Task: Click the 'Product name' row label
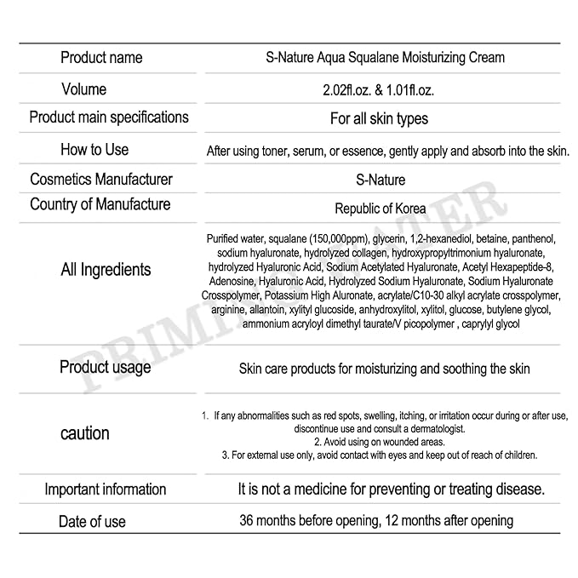tap(101, 58)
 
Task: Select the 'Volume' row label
tap(84, 89)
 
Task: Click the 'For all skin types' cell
tap(380, 118)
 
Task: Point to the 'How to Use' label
tap(94, 150)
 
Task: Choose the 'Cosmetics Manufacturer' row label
tap(101, 180)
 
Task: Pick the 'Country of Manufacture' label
tap(100, 204)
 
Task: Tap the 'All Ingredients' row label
tap(106, 270)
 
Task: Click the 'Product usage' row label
tap(105, 367)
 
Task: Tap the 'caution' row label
tap(85, 433)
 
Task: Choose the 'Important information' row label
tap(105, 489)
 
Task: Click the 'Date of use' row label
tap(92, 522)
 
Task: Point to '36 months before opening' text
tap(309, 520)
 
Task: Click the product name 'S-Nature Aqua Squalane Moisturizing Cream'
tap(380, 58)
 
